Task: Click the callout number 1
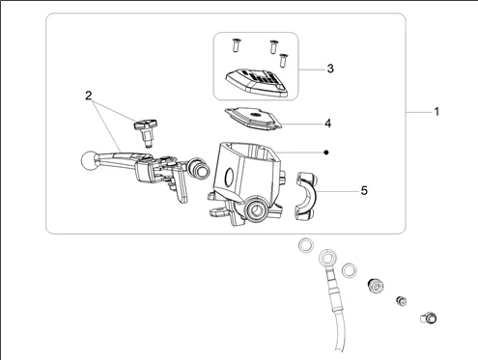tap(436, 112)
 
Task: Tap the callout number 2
tap(89, 96)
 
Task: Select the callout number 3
tap(330, 69)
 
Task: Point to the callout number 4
tap(327, 124)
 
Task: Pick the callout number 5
tap(364, 190)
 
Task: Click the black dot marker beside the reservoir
tap(326, 152)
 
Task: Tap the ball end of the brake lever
tap(88, 159)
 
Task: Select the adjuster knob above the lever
tap(146, 132)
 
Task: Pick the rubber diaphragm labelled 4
tap(253, 118)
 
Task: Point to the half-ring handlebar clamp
tap(306, 196)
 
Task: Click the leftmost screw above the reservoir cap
tap(235, 45)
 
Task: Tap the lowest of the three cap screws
tap(283, 60)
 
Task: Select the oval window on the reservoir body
tap(230, 177)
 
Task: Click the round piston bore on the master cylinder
tap(257, 209)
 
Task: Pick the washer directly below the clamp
tap(306, 245)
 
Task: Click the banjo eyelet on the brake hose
tap(327, 258)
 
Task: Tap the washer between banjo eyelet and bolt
tap(350, 270)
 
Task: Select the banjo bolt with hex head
tap(376, 286)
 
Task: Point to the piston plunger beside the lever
tap(200, 168)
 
